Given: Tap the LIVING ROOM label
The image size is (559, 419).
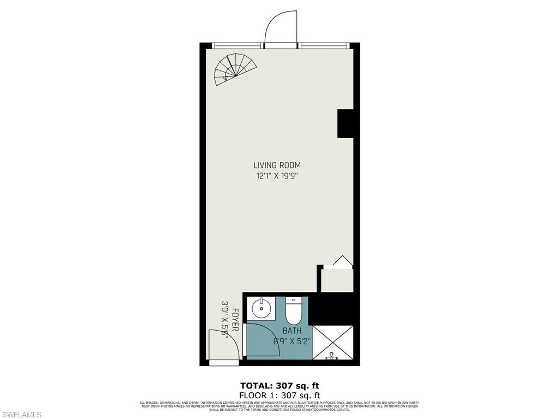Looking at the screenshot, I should [x=277, y=165].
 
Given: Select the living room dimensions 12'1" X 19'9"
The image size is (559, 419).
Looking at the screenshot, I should [x=277, y=176].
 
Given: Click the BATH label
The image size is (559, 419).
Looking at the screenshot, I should [x=291, y=331].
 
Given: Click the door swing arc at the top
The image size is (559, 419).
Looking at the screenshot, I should [x=281, y=29].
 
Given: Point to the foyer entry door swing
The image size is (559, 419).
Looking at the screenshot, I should [x=224, y=345].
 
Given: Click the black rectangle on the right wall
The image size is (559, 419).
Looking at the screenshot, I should [x=345, y=123].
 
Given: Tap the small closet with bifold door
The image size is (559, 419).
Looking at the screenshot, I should [x=336, y=278].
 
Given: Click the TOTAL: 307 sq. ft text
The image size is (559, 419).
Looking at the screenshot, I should [x=279, y=385].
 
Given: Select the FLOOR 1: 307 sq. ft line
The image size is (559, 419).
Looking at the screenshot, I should [x=279, y=395].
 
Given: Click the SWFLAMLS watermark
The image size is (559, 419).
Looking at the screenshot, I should [x=21, y=415].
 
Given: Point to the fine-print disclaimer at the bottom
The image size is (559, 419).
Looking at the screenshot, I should [x=279, y=406].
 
